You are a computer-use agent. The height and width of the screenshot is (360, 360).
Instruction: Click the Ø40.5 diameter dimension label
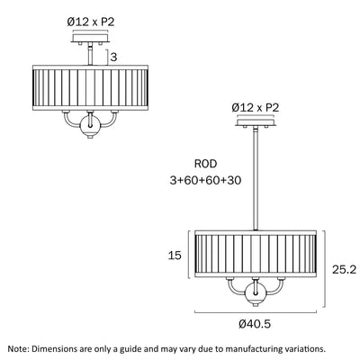pyautogui.click(x=255, y=324)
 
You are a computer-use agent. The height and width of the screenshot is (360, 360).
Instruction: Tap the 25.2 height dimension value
pyautogui.click(x=344, y=270)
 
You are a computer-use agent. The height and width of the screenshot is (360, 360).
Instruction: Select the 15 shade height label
pyautogui.click(x=175, y=256)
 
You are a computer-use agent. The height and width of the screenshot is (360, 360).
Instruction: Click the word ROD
pyautogui.click(x=205, y=164)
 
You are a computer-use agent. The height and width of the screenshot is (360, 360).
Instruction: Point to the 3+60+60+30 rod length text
pyautogui.click(x=205, y=180)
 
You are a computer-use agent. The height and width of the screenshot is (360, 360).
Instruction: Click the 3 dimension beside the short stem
pyautogui.click(x=113, y=57)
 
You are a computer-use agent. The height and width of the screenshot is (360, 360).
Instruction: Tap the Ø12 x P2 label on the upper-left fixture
pyautogui.click(x=91, y=22)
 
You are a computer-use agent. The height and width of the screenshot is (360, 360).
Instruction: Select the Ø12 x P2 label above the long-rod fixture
pyautogui.click(x=256, y=108)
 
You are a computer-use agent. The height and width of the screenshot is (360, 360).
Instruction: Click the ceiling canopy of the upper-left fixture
pyautogui.click(x=91, y=38)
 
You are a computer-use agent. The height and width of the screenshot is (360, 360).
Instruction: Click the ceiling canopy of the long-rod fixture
pyautogui.click(x=256, y=122)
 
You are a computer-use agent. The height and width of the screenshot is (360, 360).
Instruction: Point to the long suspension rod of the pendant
pyautogui.click(x=256, y=179)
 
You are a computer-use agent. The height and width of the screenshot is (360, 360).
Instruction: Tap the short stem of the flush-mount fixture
pyautogui.click(x=90, y=55)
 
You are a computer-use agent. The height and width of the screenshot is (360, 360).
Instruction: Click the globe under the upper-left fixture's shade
pyautogui.click(x=90, y=125)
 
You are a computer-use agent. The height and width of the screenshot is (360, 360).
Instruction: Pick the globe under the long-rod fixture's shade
pyautogui.click(x=256, y=294)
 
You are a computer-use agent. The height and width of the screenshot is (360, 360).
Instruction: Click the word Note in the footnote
pyautogui.click(x=18, y=349)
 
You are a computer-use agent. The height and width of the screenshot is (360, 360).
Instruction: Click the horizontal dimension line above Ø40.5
pyautogui.click(x=256, y=312)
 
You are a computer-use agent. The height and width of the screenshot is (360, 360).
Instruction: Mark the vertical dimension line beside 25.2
pyautogui.click(x=324, y=269)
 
